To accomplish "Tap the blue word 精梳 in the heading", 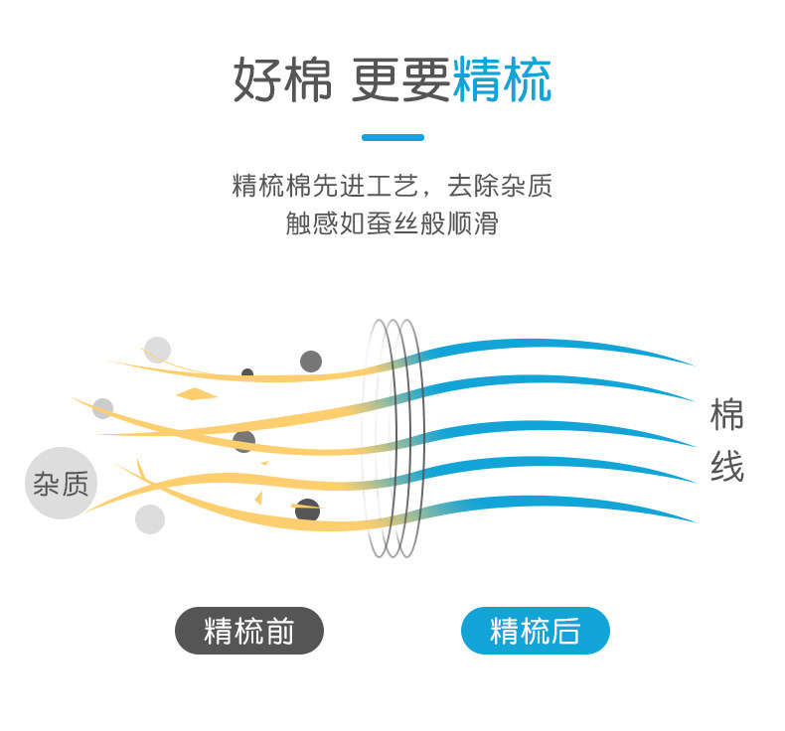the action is point(502,79).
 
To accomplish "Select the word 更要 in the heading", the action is point(400,79).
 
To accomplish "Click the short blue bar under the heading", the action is point(392,137).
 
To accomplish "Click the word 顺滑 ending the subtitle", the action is point(475,222).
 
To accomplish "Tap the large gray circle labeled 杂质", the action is point(61,484).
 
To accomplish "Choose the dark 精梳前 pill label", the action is point(249,631).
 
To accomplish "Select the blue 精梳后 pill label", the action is point(536,631).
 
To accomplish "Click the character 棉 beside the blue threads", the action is point(726,414).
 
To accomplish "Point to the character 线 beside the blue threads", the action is point(726,467).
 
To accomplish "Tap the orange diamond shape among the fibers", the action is point(197,394).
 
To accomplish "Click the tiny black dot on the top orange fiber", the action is point(247,373).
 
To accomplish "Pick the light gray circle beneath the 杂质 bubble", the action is point(150,518).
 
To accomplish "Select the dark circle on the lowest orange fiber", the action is point(308,511).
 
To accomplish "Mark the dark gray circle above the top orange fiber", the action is point(311,361).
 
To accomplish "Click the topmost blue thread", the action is point(556,346).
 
